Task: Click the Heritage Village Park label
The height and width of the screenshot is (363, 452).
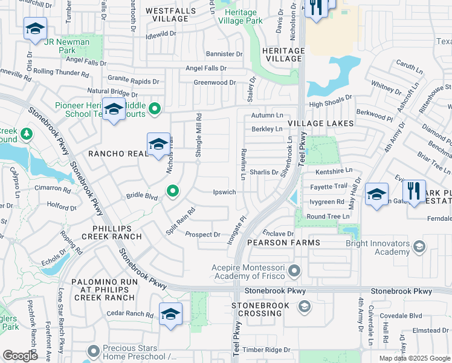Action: tap(244, 16)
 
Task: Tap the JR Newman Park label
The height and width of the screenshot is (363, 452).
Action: tap(70, 46)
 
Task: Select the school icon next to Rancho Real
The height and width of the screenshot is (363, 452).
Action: tap(158, 145)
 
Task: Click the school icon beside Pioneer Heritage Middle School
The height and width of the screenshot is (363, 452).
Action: tap(113, 110)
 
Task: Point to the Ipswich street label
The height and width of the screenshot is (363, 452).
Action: tap(224, 192)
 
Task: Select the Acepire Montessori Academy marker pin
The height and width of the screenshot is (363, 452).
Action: tap(294, 270)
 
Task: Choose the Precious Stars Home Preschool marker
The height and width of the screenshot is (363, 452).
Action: tap(93, 351)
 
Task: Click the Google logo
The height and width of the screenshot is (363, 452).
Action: tap(21, 356)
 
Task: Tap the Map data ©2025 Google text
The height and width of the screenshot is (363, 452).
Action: tap(414, 358)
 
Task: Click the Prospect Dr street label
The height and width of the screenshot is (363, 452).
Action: tap(202, 235)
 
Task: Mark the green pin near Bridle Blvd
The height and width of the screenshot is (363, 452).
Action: tap(173, 191)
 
